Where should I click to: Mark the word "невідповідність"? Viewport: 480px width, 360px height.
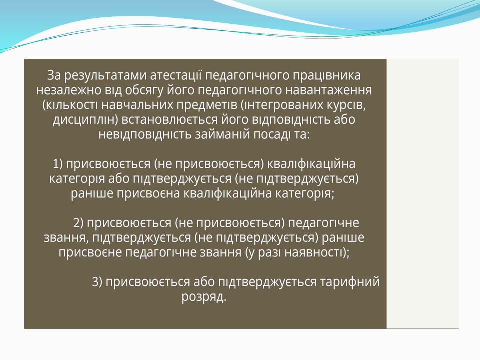click(x=145, y=135)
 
